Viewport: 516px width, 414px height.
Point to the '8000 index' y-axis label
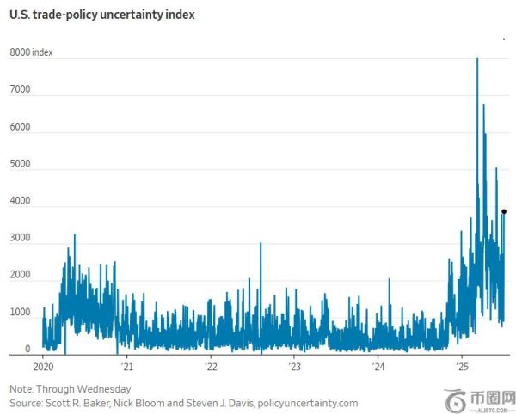32,52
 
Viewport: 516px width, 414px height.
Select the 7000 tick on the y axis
21,90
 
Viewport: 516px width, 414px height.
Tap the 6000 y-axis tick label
21,127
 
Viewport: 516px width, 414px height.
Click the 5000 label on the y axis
21,165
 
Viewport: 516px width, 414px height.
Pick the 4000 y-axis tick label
21,202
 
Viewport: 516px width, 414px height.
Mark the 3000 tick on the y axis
21,240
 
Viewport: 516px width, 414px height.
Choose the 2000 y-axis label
21,277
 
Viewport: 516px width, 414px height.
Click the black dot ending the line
504,211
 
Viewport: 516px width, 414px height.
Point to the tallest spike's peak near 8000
477,58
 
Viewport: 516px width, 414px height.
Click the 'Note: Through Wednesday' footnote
65,387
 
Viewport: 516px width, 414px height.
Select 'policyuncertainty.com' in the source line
302,402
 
